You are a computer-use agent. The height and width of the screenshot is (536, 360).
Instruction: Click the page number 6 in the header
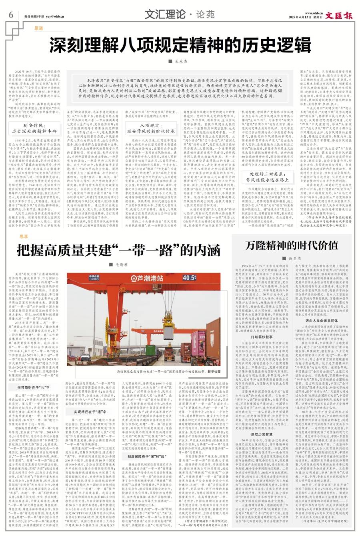[x=11, y=16]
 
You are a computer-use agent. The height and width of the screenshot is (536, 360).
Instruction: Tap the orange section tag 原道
[x=39, y=28]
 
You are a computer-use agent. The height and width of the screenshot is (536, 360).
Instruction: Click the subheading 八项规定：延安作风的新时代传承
[x=148, y=116]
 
